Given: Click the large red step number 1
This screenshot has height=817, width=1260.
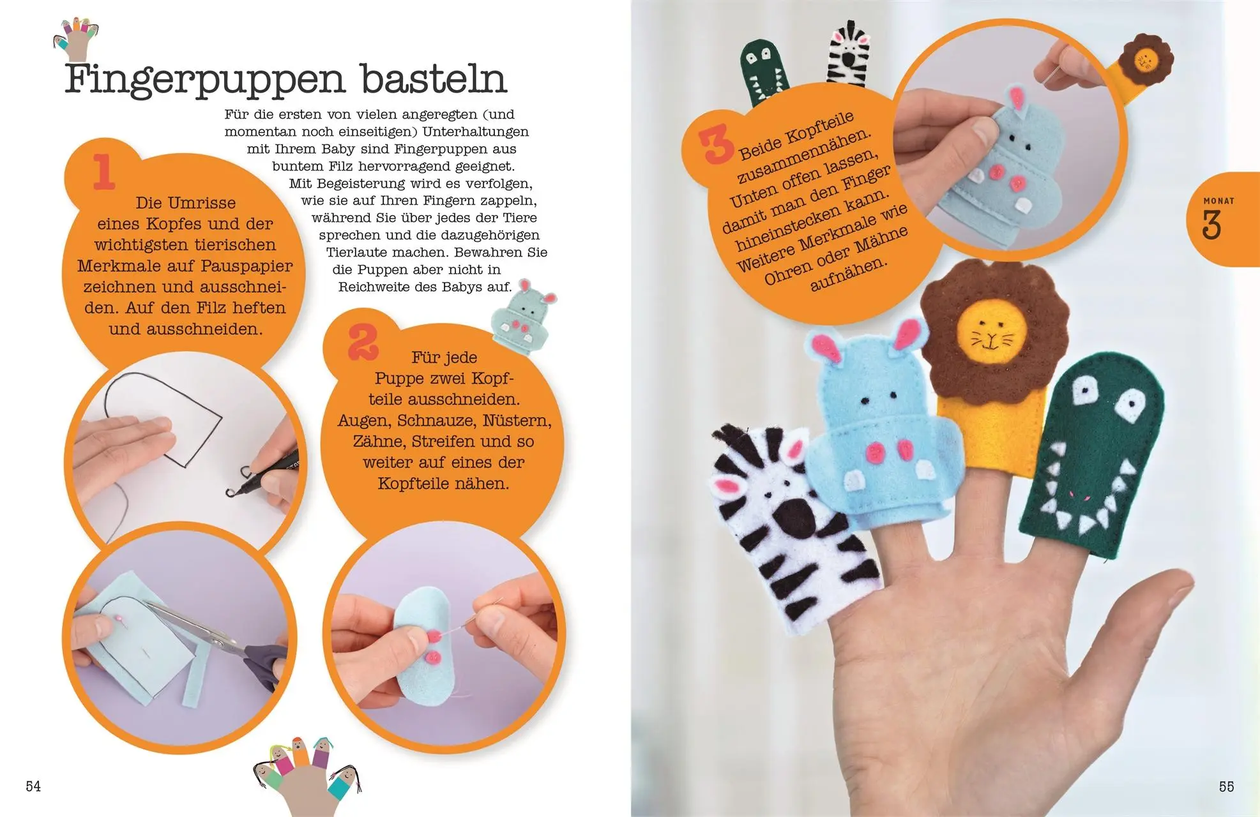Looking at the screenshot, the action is click(x=104, y=172).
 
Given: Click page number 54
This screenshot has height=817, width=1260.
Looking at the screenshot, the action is click(x=33, y=786).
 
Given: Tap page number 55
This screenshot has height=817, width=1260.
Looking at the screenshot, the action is click(x=1226, y=786).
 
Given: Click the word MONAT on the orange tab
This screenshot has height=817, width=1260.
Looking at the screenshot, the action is click(x=1218, y=200).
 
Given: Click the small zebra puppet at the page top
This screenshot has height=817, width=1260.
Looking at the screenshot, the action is click(x=849, y=54).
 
